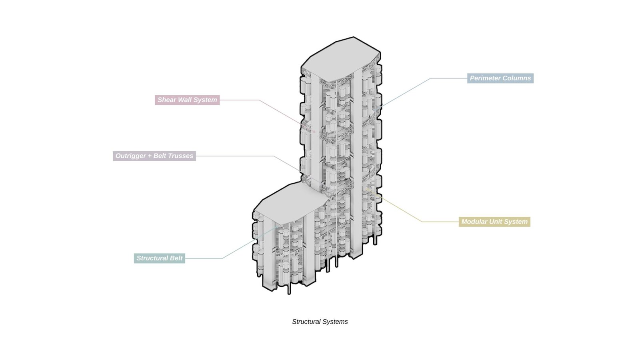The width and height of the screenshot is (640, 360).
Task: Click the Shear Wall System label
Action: click(x=187, y=100)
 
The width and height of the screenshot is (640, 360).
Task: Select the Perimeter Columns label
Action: click(x=500, y=78)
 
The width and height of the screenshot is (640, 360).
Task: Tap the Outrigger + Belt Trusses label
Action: click(x=154, y=156)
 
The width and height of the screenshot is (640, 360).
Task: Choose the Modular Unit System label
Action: click(x=494, y=222)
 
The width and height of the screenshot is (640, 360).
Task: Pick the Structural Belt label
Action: click(x=159, y=258)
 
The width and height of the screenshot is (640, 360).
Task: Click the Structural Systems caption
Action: click(x=320, y=322)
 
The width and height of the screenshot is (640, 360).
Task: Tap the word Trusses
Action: click(x=180, y=156)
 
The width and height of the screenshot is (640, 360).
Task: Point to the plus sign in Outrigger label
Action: click(x=150, y=156)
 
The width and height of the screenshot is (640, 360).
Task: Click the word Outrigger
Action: click(x=130, y=156)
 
